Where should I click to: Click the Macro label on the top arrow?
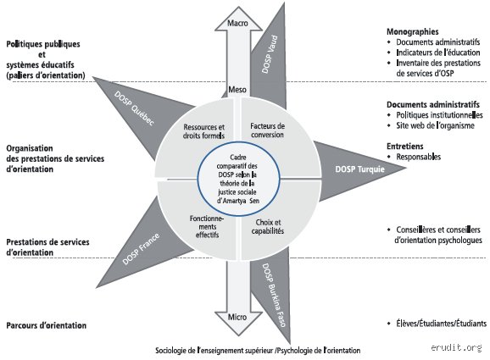(x=237, y=23)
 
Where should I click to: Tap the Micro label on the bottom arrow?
(x=237, y=317)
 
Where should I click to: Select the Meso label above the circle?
(x=237, y=90)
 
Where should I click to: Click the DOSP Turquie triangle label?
(x=359, y=169)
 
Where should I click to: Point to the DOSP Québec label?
(x=135, y=108)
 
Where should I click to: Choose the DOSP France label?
(x=141, y=249)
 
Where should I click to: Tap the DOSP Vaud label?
(x=270, y=54)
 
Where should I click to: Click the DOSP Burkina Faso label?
(x=274, y=295)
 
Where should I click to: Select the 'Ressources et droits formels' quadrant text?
(x=203, y=131)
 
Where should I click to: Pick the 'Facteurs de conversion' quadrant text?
(x=268, y=130)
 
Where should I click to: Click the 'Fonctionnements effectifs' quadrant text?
(x=207, y=226)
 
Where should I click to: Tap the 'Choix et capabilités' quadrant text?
(x=268, y=227)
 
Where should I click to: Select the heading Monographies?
(x=413, y=31)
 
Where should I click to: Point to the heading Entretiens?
(x=405, y=147)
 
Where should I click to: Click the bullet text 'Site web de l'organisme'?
(x=435, y=125)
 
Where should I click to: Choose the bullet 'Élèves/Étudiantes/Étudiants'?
(x=441, y=324)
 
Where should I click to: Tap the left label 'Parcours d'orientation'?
(x=47, y=325)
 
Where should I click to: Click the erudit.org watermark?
(x=456, y=347)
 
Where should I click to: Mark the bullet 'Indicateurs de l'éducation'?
(x=438, y=53)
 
